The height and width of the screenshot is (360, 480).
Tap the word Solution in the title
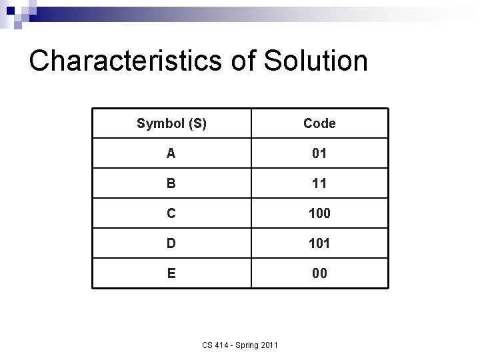(316, 60)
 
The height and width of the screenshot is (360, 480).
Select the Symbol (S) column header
(171, 123)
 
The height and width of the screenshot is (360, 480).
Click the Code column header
(319, 123)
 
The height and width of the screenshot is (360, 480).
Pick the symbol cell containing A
(171, 153)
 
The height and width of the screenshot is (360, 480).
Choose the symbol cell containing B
(171, 183)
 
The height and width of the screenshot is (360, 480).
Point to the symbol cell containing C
(171, 213)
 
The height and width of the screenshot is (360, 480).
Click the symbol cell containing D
(171, 243)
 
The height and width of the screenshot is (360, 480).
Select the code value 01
(319, 154)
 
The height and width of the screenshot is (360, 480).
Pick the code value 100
(319, 214)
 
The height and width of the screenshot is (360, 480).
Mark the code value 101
(319, 244)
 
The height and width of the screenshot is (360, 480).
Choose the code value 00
(319, 273)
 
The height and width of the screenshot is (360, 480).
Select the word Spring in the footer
(248, 345)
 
